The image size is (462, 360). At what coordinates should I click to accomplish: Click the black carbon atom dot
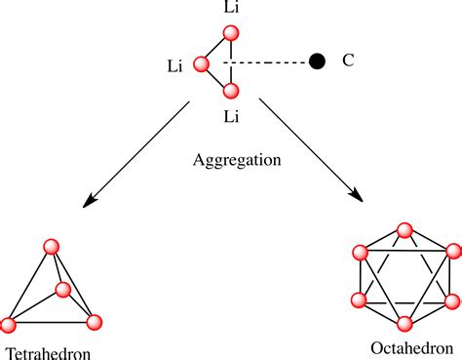coord(316,62)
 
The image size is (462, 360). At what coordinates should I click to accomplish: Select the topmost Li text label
coord(231,9)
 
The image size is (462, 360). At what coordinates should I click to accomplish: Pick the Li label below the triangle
coord(231,116)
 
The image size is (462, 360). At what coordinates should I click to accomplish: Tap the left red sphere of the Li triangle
coord(202,65)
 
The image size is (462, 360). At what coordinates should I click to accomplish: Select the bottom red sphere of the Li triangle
coord(231,92)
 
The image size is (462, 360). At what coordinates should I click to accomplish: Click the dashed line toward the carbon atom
coord(267,63)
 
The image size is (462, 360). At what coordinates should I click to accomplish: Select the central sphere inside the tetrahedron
coord(63,290)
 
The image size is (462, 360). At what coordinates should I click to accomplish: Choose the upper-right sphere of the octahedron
coord(450,253)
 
